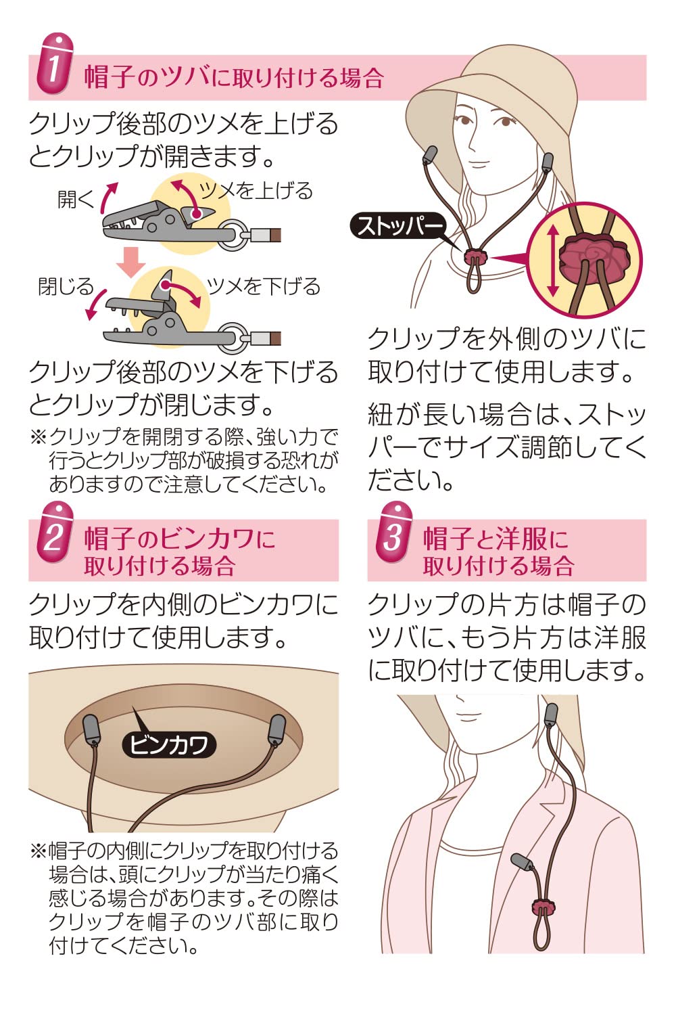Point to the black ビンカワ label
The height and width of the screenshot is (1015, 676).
point(169,744)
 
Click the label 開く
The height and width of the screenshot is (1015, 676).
point(75,200)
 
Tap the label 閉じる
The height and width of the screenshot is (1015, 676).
point(66,286)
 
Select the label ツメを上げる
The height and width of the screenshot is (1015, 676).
point(257,191)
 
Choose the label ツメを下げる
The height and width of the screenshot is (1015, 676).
point(264,286)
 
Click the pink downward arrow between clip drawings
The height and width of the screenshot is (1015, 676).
point(130,261)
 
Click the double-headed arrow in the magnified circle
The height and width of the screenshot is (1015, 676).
point(553,261)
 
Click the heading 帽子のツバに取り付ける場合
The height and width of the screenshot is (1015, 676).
point(234,78)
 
